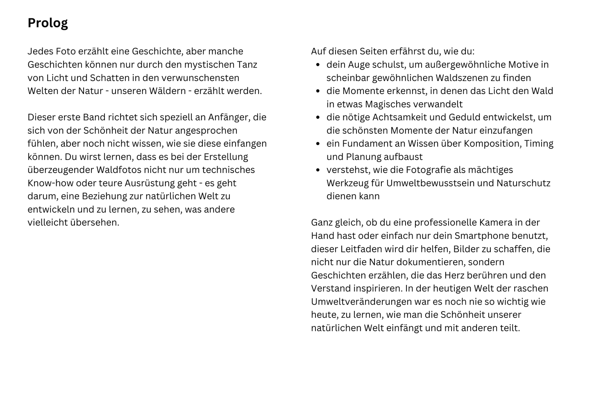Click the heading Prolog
point(48,23)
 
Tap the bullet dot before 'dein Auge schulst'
point(318,65)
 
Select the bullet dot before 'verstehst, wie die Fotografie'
point(318,170)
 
